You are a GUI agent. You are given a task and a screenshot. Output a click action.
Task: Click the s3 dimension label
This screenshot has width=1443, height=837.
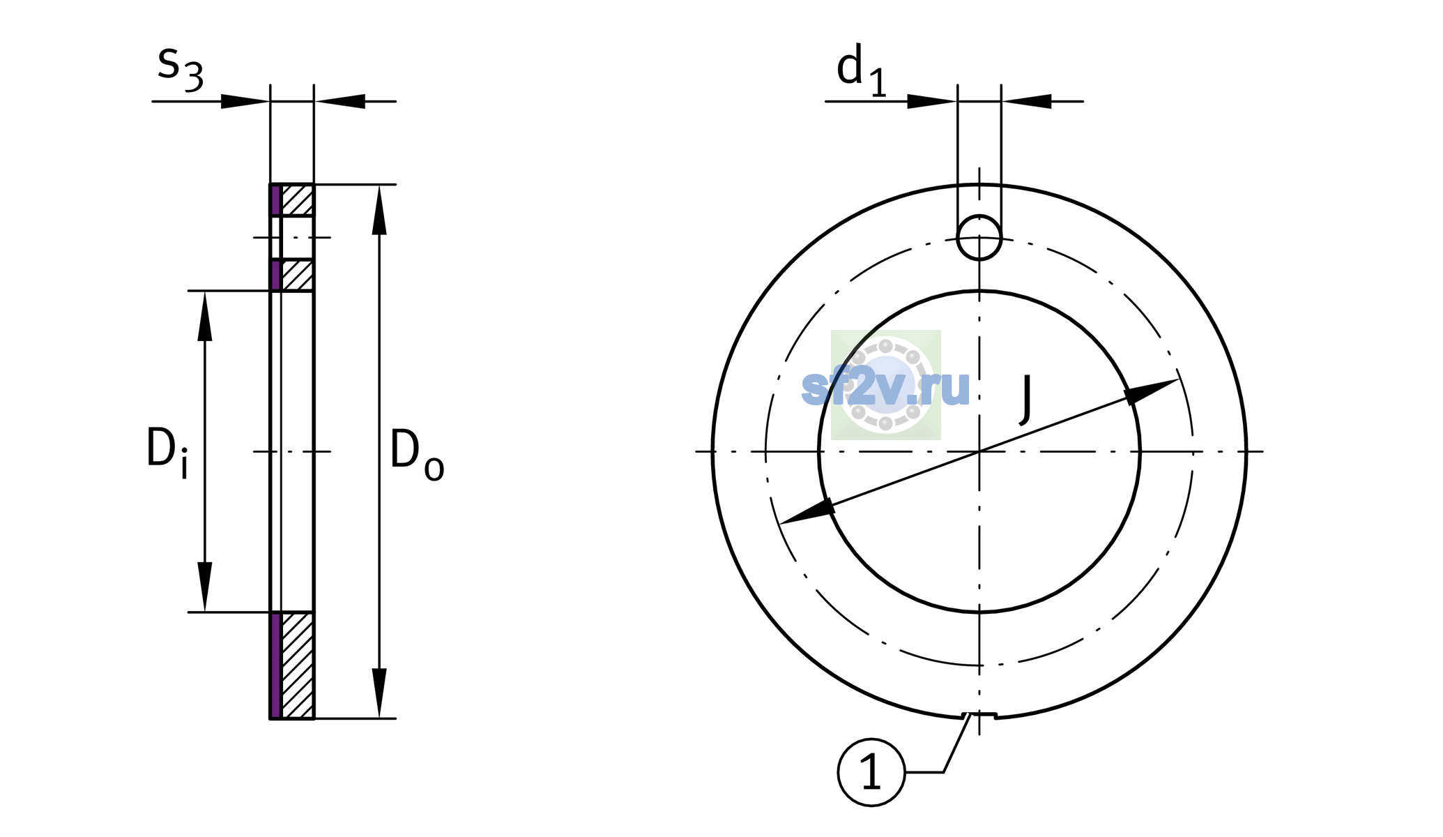[x=181, y=68]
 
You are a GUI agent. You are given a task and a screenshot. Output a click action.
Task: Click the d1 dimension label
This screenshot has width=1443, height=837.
[x=862, y=70]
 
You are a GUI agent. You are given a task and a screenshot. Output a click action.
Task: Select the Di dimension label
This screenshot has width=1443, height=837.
[x=167, y=453]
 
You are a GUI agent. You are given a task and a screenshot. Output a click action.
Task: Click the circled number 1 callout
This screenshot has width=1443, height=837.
[x=871, y=772]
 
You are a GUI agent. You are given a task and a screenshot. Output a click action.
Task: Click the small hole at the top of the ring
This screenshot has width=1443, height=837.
[x=979, y=237]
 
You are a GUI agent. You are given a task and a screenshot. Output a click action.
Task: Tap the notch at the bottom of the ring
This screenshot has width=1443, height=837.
[x=979, y=715]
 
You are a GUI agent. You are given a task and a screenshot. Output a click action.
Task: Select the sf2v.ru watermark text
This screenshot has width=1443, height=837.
[x=885, y=387]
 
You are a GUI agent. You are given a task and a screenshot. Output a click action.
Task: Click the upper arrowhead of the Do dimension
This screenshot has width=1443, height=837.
[x=379, y=210]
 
